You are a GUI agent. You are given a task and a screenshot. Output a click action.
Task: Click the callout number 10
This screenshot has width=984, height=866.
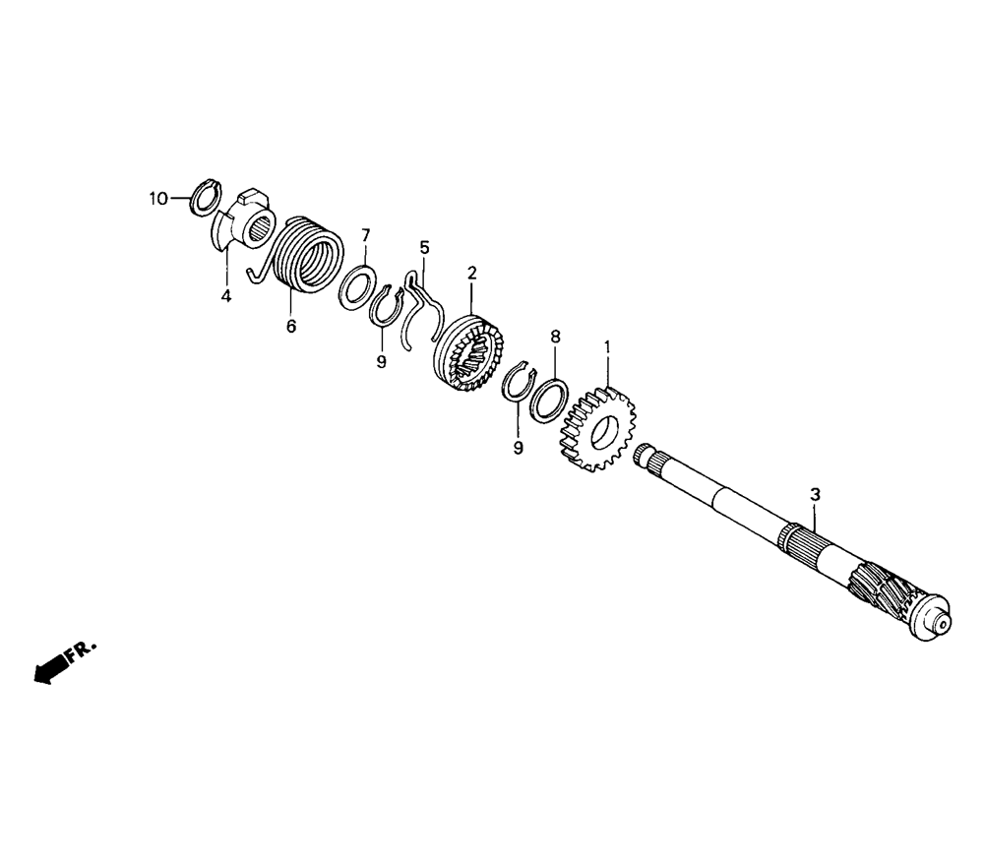pyautogui.click(x=158, y=199)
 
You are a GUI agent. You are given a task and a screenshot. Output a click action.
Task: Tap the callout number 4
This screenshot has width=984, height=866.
pyautogui.click(x=226, y=295)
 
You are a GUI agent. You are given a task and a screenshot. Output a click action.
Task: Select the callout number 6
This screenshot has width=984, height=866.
pyautogui.click(x=291, y=327)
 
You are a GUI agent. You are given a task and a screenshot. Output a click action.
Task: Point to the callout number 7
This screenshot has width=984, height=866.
pyautogui.click(x=365, y=235)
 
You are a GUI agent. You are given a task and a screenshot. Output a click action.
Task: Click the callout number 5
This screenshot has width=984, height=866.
pyautogui.click(x=425, y=247)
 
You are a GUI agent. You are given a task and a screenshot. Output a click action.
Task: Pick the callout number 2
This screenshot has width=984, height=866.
pyautogui.click(x=472, y=273)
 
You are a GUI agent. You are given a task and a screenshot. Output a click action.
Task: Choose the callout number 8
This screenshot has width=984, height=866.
pyautogui.click(x=555, y=337)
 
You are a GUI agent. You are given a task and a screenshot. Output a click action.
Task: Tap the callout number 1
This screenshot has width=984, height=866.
pyautogui.click(x=607, y=346)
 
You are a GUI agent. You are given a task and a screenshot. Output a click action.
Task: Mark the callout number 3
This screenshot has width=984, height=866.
pyautogui.click(x=815, y=494)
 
